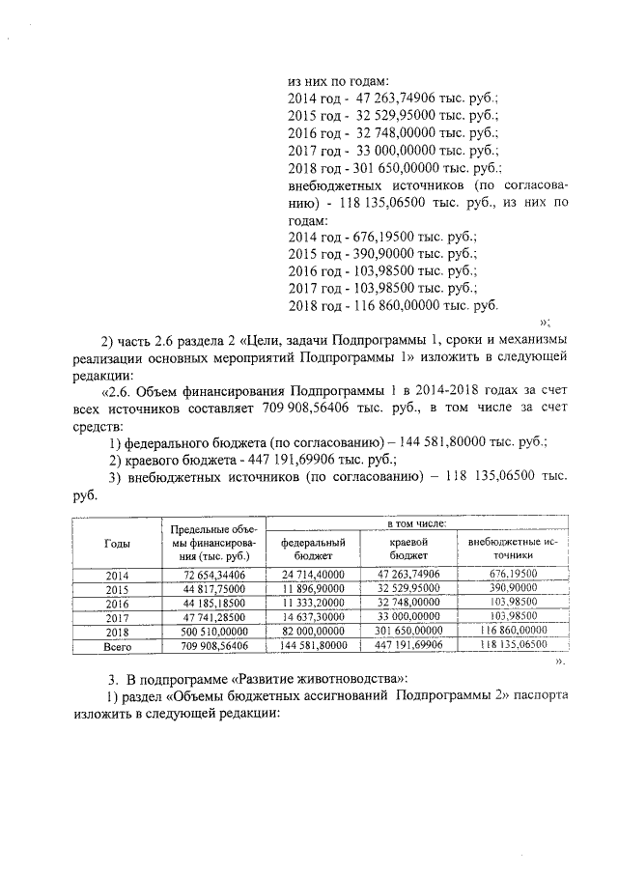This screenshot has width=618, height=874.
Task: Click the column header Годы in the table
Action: click(117, 543)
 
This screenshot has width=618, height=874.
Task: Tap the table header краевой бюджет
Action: click(408, 550)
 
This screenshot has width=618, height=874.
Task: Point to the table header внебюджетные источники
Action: click(513, 550)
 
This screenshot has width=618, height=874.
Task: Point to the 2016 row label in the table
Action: click(117, 602)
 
